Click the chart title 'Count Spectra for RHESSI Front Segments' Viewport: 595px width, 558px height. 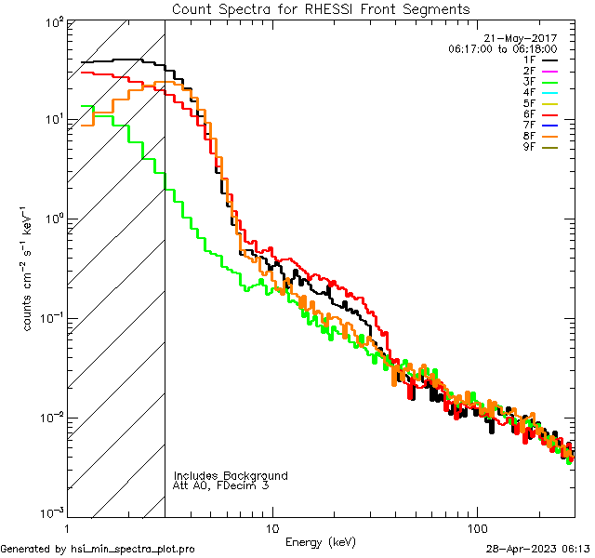click(321, 8)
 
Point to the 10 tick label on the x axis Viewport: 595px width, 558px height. click(271, 526)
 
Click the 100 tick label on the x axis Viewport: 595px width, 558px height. click(476, 526)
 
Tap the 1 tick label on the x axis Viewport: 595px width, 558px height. click(67, 526)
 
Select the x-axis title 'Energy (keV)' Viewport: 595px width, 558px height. click(321, 541)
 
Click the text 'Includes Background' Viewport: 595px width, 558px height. click(231, 475)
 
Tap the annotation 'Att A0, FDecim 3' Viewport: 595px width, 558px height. click(221, 485)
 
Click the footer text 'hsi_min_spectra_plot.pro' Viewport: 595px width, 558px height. click(133, 550)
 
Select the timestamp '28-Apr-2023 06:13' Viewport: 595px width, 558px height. click(537, 550)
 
